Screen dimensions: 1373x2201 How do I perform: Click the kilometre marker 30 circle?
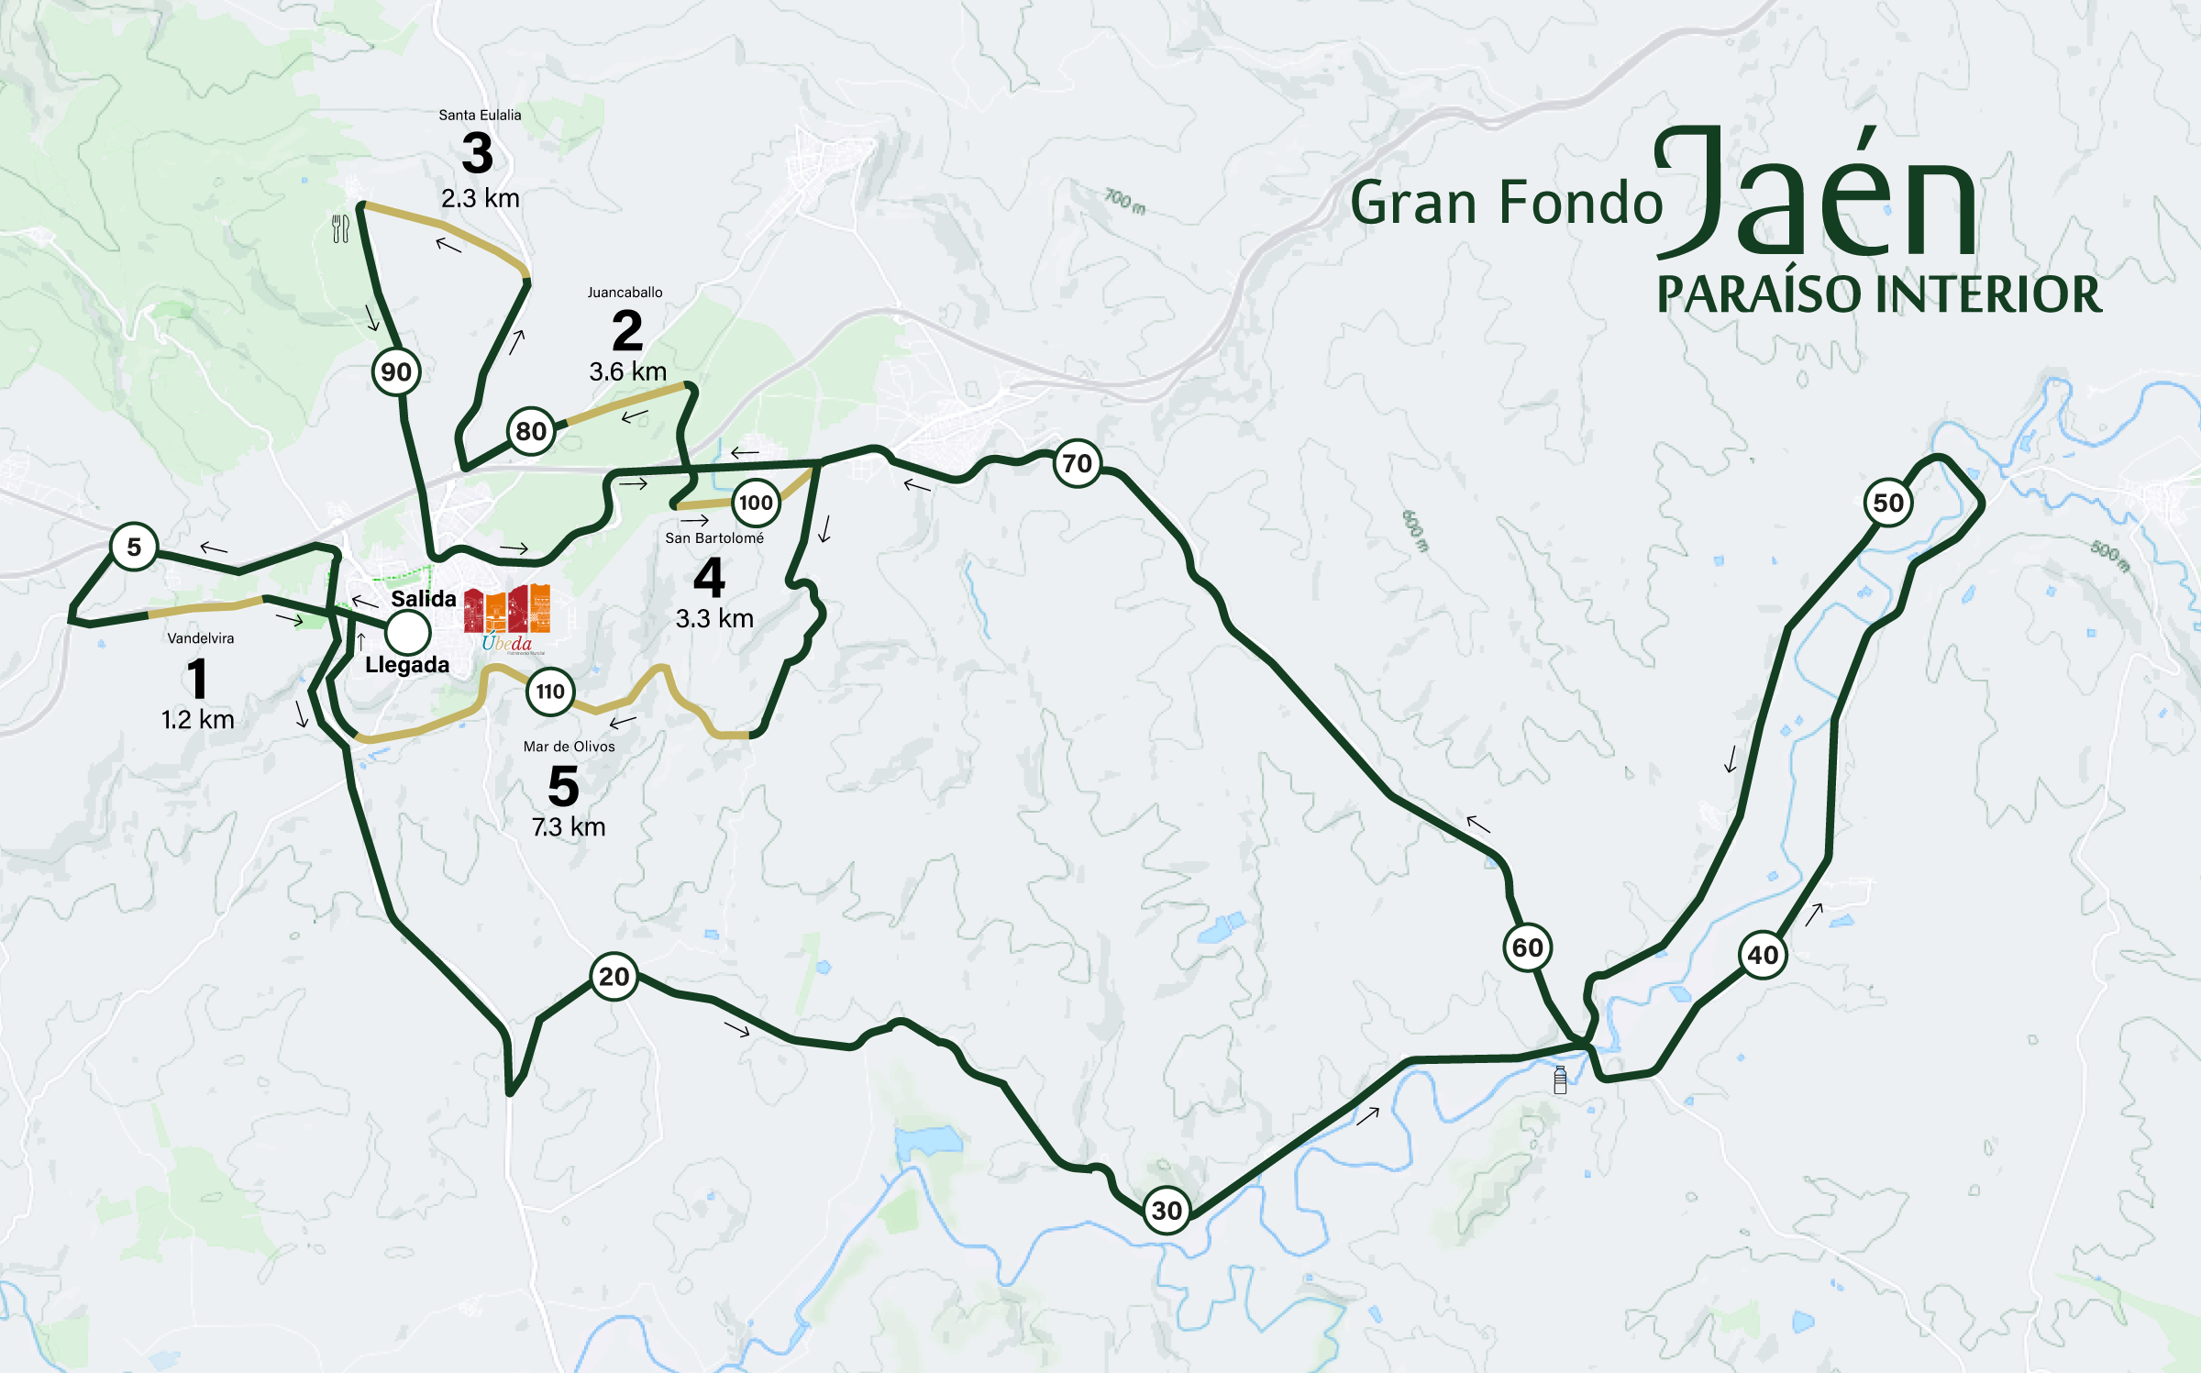click(x=1167, y=1210)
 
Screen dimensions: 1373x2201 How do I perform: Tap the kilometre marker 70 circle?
click(x=1078, y=463)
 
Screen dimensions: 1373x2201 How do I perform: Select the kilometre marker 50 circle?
click(x=1888, y=503)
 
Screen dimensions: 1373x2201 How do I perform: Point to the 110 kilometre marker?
click(x=550, y=692)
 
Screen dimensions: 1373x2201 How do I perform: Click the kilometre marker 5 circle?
click(x=134, y=547)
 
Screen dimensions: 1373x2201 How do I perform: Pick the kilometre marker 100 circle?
click(x=756, y=503)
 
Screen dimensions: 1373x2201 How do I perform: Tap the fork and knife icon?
click(x=340, y=228)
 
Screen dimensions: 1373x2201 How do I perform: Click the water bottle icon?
click(x=1560, y=1080)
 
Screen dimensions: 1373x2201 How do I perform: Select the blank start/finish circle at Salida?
click(x=407, y=631)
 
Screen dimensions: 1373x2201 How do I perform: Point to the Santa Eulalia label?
click(x=480, y=115)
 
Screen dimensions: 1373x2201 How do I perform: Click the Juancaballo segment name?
click(x=625, y=293)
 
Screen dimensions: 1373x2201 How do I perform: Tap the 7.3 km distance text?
click(x=569, y=826)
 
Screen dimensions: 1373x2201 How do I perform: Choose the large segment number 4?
click(x=709, y=578)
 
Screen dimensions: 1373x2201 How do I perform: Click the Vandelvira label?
click(x=200, y=638)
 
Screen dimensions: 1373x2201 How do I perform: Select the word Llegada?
click(x=407, y=665)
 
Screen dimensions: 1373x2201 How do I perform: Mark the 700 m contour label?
click(x=1124, y=201)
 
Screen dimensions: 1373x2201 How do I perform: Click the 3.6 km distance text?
click(x=627, y=371)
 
